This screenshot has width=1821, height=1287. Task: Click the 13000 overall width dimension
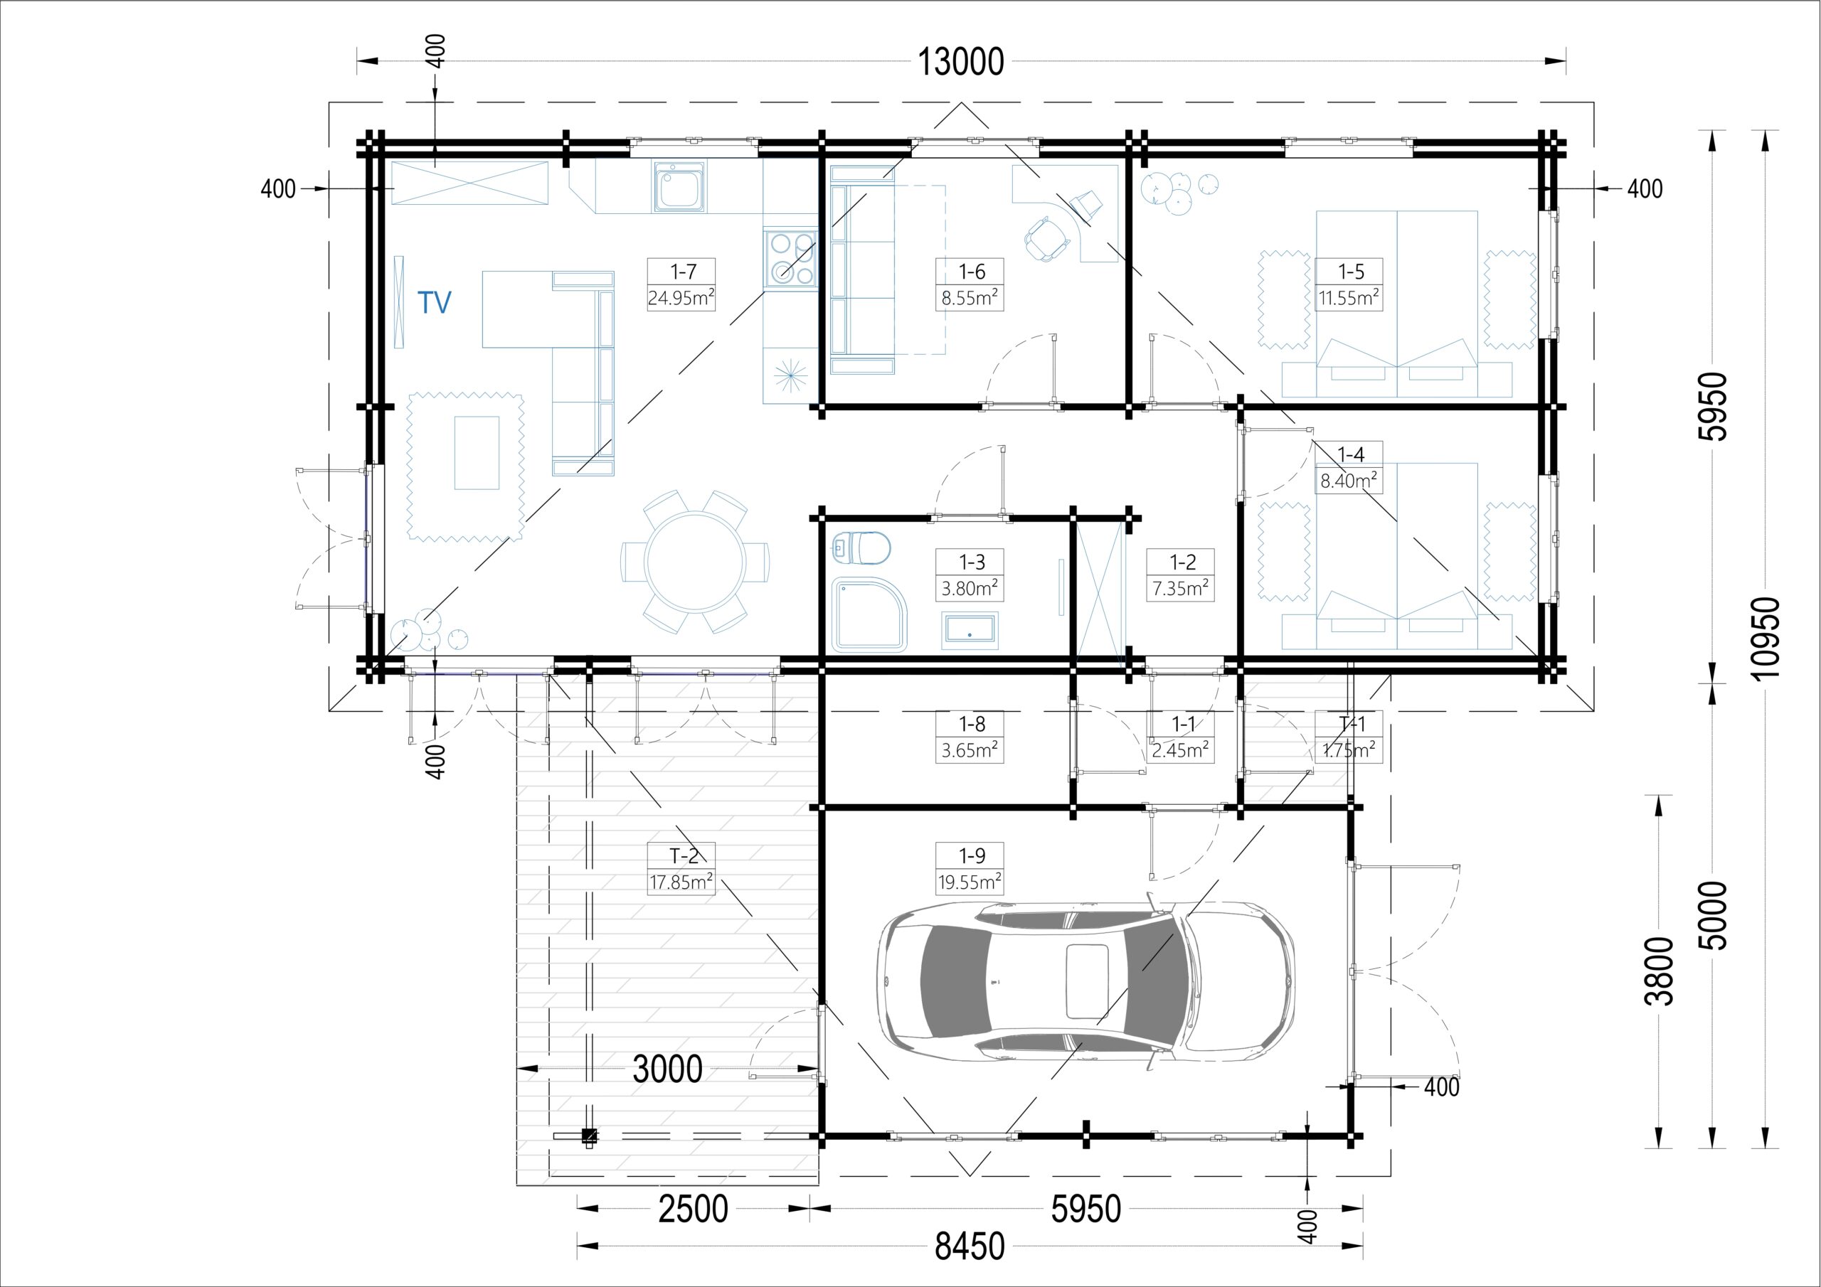pos(960,62)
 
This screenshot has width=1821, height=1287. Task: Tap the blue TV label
pos(435,302)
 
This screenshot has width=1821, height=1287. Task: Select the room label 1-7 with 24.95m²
pos(681,284)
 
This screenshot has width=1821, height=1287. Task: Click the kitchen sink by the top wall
pos(679,186)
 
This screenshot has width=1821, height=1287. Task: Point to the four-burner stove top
pos(790,257)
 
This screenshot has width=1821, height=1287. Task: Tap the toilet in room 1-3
pos(861,548)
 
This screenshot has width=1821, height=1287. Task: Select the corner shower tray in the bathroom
pos(869,614)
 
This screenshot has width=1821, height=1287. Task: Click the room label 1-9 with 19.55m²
pos(970,867)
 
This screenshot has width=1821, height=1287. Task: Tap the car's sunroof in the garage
pos(1087,982)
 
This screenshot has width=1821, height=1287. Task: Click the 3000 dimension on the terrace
pos(667,1069)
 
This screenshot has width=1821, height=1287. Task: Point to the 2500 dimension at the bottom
pos(693,1209)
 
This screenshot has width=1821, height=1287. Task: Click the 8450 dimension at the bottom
pos(970,1246)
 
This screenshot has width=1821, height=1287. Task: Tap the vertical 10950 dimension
pos(1766,639)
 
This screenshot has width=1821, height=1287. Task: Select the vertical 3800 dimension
pos(1658,971)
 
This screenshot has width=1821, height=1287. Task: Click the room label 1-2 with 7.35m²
pos(1180,575)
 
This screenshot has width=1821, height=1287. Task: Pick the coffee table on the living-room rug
pos(477,453)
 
